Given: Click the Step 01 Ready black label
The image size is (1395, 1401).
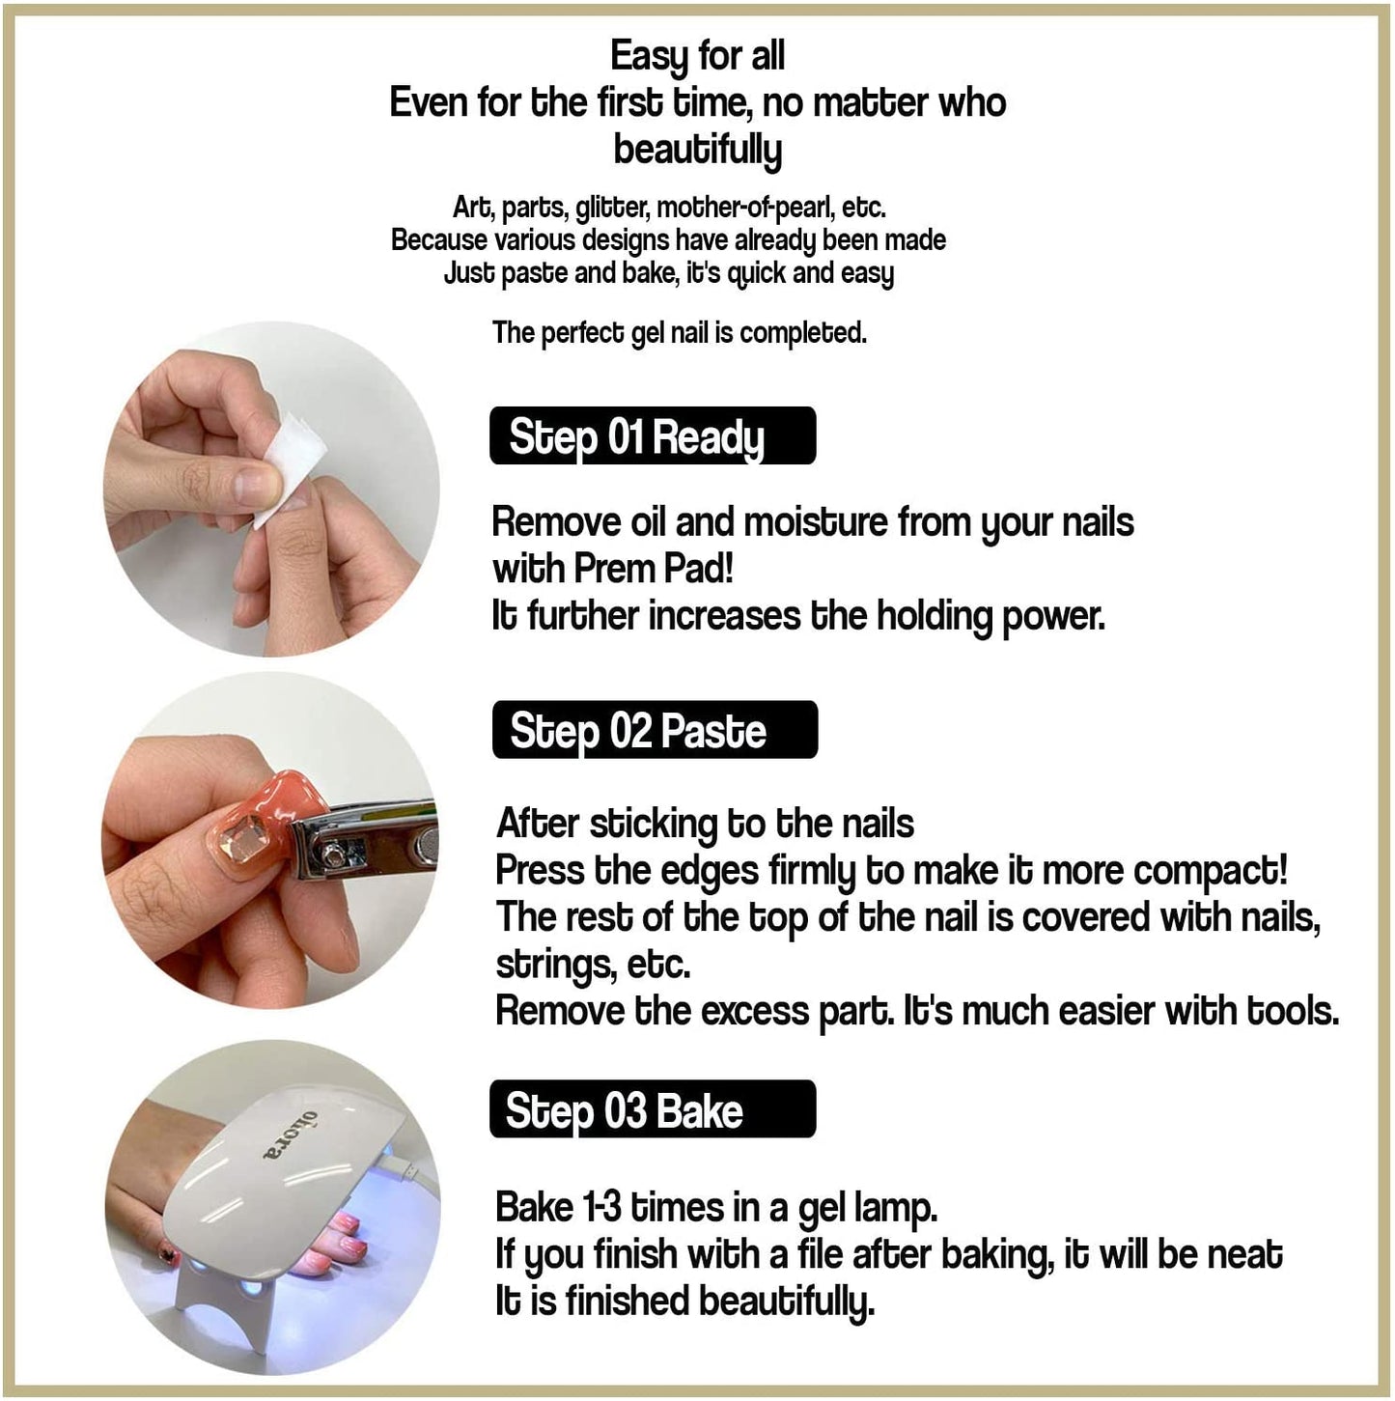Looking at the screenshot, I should click(x=652, y=436).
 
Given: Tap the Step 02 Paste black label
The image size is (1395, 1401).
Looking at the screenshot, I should click(x=654, y=730).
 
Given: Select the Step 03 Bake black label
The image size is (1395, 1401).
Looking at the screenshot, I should click(x=652, y=1109).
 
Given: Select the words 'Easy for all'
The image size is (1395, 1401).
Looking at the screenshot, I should click(x=697, y=56).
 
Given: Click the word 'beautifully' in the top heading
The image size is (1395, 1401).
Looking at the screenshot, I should click(x=697, y=150).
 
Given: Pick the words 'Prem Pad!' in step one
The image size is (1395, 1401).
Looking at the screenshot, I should click(x=654, y=569).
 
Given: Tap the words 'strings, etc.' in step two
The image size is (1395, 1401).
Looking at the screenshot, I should click(x=593, y=964).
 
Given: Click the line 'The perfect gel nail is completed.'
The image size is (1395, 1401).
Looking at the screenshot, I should click(x=679, y=332).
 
